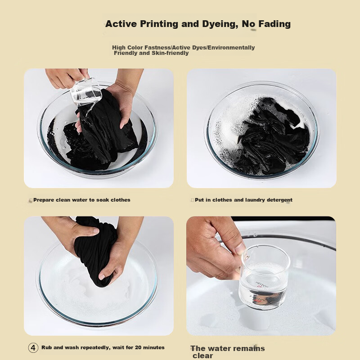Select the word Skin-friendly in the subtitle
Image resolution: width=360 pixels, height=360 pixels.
(170, 53)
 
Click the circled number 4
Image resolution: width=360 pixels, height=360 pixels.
(33, 347)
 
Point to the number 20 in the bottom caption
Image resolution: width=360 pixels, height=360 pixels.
(138, 347)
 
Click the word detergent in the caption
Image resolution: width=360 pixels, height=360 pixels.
(279, 200)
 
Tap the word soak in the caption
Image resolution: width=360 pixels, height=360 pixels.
(103, 200)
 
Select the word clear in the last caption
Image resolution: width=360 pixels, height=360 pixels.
(203, 356)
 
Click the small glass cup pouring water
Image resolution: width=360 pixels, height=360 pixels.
(85, 92)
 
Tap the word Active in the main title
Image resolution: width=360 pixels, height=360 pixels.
(121, 24)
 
